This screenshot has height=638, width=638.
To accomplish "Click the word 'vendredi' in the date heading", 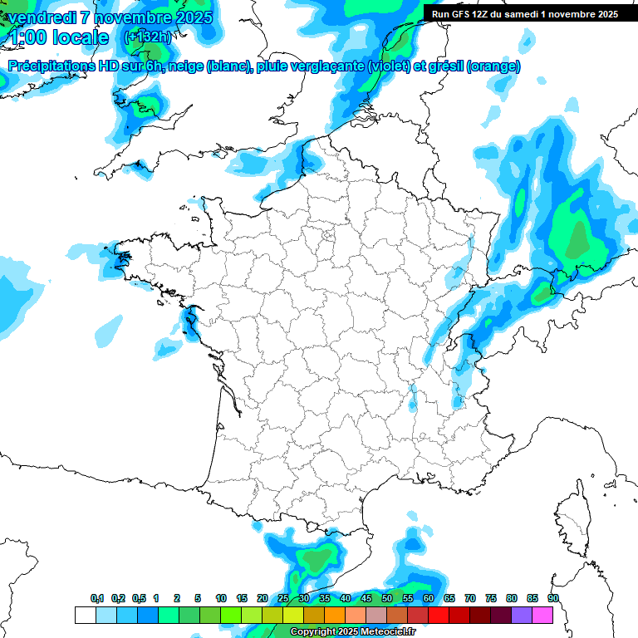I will (x=42, y=17).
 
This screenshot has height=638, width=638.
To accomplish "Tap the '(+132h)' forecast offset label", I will (x=147, y=37).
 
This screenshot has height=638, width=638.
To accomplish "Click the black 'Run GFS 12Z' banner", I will (x=530, y=13).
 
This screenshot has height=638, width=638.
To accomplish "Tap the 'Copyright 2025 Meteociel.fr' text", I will (x=352, y=632).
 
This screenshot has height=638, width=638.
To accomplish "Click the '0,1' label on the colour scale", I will (x=97, y=599).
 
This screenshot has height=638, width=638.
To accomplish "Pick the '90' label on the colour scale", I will (x=552, y=599).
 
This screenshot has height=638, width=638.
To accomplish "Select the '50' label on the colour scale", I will (x=387, y=599).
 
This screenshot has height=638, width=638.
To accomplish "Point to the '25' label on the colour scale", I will (x=283, y=599).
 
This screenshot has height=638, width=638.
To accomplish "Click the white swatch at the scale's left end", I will (x=85, y=615).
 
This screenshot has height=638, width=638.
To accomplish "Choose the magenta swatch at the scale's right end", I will (x=542, y=615).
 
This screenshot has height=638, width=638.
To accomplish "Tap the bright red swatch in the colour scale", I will (x=439, y=615).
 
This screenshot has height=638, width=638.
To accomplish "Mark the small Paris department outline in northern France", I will (x=327, y=235).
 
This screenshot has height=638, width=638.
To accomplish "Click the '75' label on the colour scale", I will (x=491, y=599).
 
